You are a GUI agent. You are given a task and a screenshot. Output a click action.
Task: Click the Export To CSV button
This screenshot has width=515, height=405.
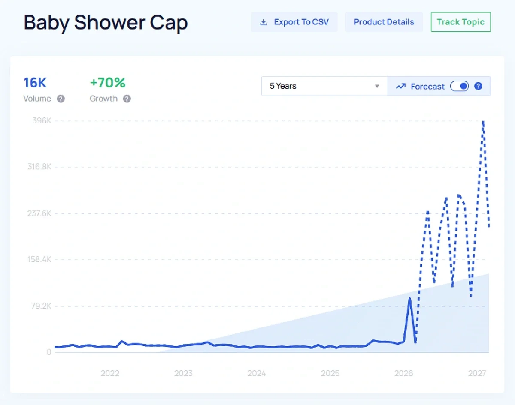(294, 22)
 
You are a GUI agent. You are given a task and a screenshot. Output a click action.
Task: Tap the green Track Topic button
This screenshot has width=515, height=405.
(460, 22)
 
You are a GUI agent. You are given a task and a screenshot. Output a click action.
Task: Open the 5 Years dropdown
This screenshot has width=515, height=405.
(324, 86)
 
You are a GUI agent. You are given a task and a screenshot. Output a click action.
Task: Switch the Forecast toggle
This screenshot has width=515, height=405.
(459, 86)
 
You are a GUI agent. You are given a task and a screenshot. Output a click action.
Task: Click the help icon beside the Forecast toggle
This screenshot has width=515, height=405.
(478, 86)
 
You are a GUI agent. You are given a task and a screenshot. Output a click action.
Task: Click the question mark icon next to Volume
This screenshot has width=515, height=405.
(61, 99)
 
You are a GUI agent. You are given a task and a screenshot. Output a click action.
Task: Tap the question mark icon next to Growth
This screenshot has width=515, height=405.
(127, 99)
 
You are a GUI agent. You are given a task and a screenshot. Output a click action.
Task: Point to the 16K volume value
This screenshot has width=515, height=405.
(35, 82)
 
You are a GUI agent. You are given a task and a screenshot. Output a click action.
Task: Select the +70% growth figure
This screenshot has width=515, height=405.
(107, 82)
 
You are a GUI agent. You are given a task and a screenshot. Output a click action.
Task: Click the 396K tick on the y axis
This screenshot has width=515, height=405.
(42, 120)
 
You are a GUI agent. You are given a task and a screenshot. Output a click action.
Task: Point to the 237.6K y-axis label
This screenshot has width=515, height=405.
(39, 213)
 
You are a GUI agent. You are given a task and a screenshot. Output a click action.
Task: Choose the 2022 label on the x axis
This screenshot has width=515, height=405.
(110, 373)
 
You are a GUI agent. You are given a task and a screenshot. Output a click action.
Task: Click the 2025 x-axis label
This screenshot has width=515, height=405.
(330, 373)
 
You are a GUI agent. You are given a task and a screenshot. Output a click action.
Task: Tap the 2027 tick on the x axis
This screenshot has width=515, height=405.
(477, 373)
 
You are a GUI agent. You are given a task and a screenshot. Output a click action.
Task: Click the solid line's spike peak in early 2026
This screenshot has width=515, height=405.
(410, 298)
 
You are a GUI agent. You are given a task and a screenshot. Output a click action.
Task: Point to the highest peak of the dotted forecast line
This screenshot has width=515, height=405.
(483, 122)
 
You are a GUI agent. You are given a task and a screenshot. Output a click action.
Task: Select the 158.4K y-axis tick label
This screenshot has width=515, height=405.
(39, 259)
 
